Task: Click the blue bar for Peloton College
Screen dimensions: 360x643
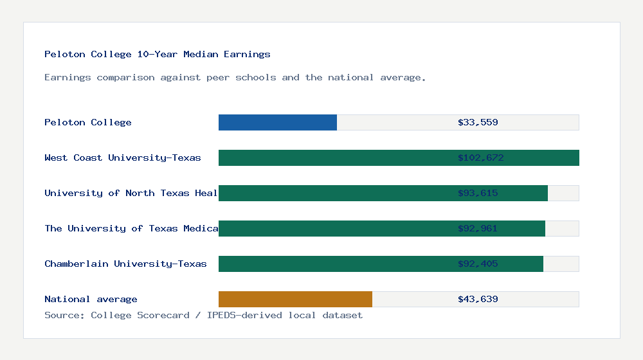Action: point(278,122)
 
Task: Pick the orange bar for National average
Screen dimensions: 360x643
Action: point(295,299)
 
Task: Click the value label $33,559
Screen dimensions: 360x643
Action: point(478,122)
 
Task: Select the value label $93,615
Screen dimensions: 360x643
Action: point(478,193)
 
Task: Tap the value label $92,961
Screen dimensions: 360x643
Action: point(478,228)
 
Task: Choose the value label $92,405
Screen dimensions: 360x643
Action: point(478,264)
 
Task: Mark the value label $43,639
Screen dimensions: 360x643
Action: point(478,299)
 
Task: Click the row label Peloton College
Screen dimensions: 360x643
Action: point(88,122)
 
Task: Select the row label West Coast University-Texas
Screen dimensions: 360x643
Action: point(123,157)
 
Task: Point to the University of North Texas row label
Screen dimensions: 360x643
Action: point(131,193)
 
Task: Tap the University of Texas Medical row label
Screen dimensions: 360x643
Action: point(131,228)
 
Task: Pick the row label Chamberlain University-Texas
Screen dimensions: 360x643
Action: point(125,264)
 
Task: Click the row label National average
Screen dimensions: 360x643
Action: point(91,299)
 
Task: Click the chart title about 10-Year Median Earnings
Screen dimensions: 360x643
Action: point(158,54)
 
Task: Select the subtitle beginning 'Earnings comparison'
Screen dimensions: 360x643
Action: point(235,77)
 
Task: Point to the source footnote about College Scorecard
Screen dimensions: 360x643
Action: point(203,315)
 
